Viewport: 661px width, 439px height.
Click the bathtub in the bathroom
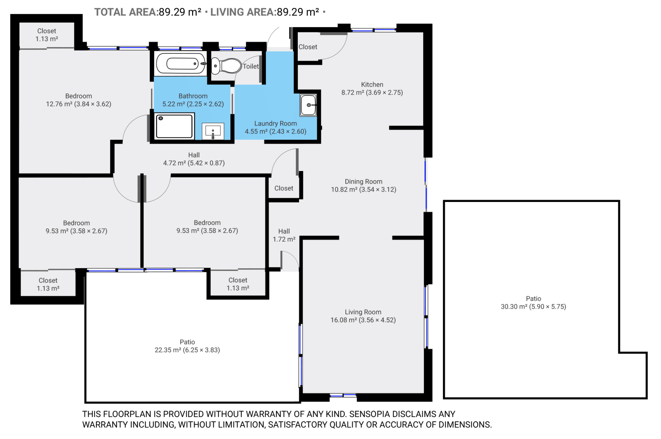(x=181, y=63)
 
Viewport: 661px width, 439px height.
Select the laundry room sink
(x=308, y=105)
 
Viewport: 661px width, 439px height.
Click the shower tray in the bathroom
(x=174, y=126)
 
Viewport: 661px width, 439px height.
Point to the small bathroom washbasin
(x=213, y=131)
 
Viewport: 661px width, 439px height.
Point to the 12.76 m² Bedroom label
(x=78, y=100)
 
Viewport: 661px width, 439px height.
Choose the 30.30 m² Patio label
(x=533, y=302)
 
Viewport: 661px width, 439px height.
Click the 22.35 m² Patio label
(x=187, y=346)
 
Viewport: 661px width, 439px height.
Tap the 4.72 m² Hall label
(x=194, y=159)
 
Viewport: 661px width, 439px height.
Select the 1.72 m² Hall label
(x=284, y=235)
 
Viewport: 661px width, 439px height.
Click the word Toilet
(x=251, y=66)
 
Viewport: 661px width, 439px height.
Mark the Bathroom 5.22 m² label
(x=193, y=100)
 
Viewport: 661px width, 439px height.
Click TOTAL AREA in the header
(x=126, y=12)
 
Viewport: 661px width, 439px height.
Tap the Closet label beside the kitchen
(x=308, y=47)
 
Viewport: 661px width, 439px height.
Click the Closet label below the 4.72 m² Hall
(x=284, y=188)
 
